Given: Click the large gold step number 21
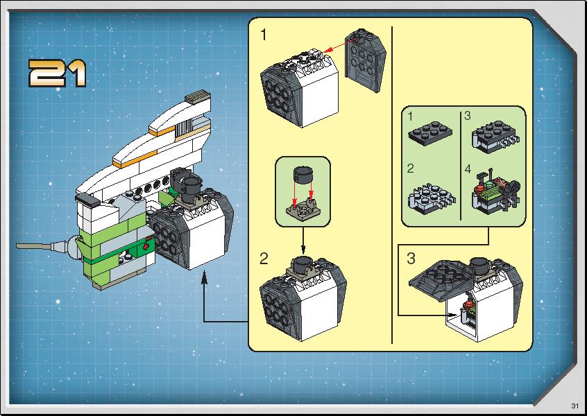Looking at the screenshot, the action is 58,73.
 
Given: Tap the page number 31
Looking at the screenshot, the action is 575,406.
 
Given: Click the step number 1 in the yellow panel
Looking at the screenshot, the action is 264,35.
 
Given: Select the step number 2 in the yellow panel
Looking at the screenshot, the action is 264,259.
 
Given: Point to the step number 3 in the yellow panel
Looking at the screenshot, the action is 411,259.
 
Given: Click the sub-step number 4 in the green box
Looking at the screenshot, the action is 468,169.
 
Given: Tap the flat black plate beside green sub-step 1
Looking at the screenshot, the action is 430,133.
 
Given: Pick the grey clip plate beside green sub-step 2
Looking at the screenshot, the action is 432,199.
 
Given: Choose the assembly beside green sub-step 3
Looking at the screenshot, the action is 496,137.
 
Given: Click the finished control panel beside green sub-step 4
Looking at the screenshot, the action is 496,193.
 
